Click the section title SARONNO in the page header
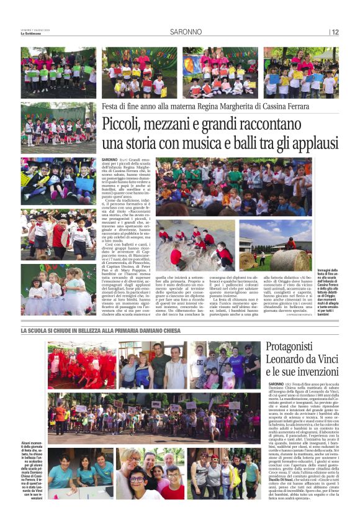click(x=186, y=32)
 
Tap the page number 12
click(x=335, y=32)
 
